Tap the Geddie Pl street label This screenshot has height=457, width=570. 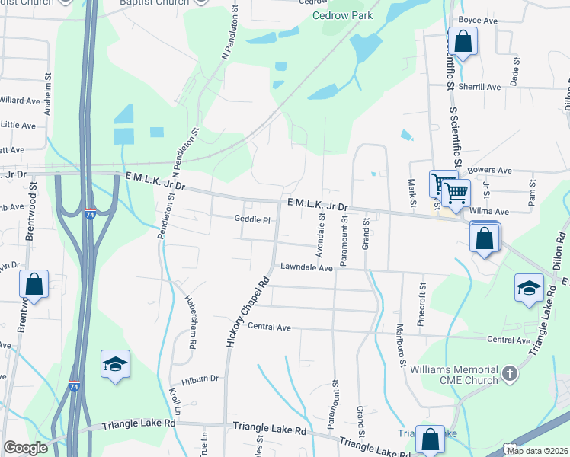[x=252, y=219]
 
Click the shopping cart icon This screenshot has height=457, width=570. [x=456, y=192]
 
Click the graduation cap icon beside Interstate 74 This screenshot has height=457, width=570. [x=114, y=364]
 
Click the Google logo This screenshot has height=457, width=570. [x=25, y=448]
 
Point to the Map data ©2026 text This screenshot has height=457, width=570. [x=537, y=451]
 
